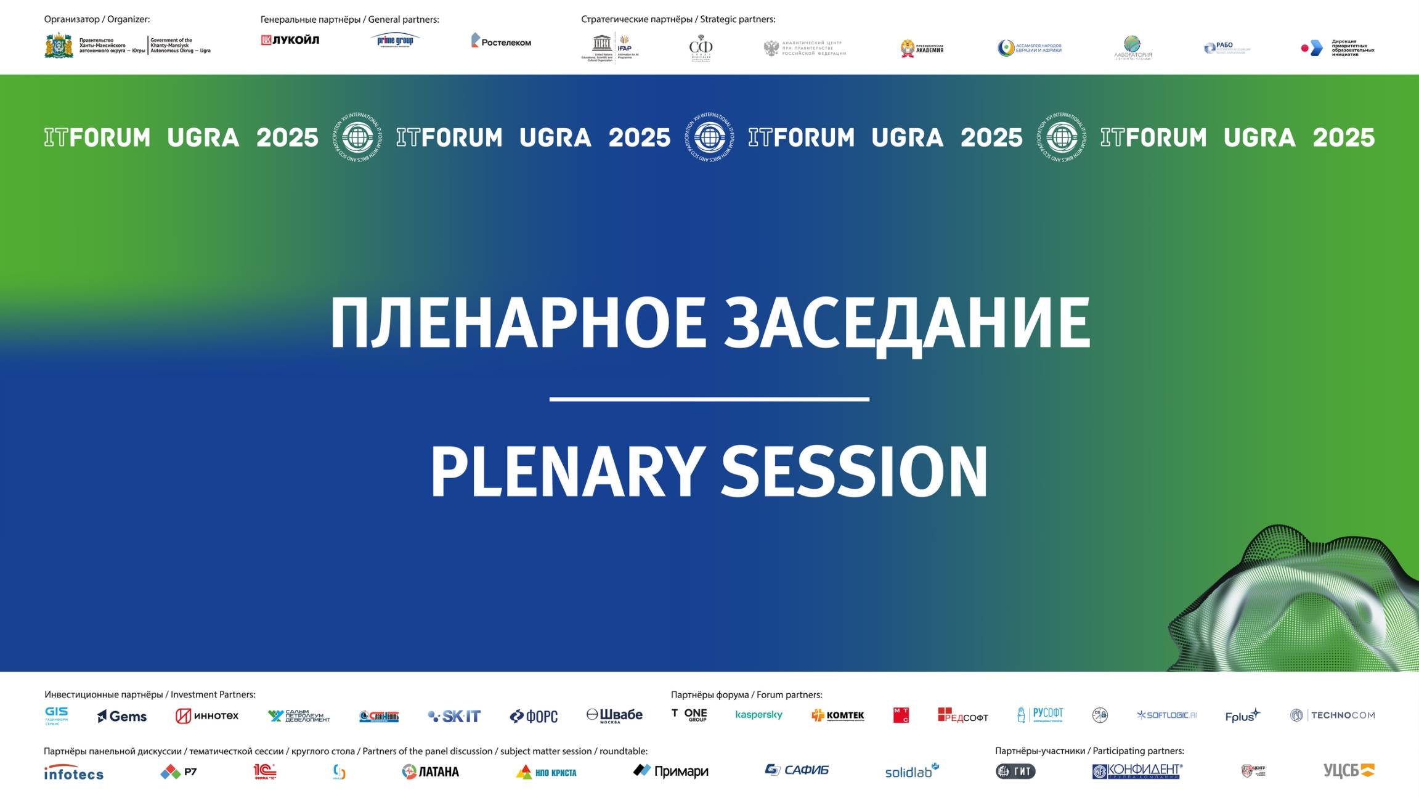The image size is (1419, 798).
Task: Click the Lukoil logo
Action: click(290, 40)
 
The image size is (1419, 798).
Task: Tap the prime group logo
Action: click(395, 41)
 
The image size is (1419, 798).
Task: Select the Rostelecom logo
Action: click(501, 41)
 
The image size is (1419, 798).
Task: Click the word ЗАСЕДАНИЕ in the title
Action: click(906, 323)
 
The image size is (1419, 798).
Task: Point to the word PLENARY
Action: click(567, 471)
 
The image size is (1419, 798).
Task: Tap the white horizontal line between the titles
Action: click(709, 399)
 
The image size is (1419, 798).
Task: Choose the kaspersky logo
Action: click(758, 715)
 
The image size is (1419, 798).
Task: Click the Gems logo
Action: click(122, 716)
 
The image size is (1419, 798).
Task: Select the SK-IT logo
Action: click(454, 716)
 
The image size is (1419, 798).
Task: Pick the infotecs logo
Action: click(73, 773)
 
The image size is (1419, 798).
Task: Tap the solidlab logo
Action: click(911, 772)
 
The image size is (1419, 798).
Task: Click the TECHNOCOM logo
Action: click(1333, 715)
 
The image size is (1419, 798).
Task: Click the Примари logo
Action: click(671, 771)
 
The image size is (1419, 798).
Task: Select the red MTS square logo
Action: click(901, 715)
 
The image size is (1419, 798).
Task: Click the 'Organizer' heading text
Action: click(97, 20)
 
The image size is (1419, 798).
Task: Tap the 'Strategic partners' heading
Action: click(678, 20)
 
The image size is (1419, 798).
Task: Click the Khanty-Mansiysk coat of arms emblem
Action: click(59, 46)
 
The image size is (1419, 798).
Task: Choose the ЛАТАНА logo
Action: click(430, 772)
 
